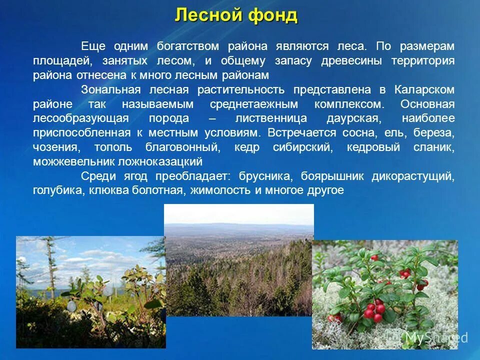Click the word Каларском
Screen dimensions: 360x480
[424, 90]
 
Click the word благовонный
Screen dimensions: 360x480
[182, 148]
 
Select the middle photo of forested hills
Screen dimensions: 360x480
[239, 260]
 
